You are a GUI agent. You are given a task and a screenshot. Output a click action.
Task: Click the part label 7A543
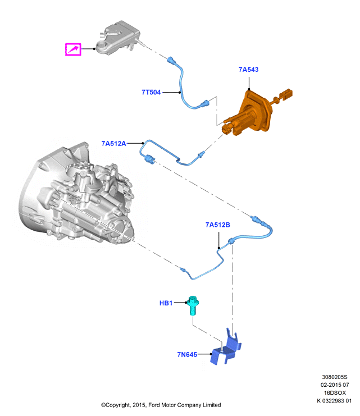coord(248,70)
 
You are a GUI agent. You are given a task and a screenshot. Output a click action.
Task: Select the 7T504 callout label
coord(151,92)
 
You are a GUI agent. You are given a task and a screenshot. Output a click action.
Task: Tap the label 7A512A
coord(113,144)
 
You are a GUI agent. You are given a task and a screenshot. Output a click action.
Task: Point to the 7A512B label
coord(218,225)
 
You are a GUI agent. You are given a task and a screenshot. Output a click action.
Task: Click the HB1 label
coord(166,303)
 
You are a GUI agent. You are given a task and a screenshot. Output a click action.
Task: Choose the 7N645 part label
coord(187,354)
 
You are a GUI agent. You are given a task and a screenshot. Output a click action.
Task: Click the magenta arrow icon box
coord(73,49)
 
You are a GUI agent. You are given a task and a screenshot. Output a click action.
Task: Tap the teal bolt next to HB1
coord(193,305)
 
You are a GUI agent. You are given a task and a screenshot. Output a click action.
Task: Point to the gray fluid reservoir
coord(118,38)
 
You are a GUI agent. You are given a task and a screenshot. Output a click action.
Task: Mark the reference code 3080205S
coord(335,377)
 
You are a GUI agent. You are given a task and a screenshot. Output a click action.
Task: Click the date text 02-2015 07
coord(335,385)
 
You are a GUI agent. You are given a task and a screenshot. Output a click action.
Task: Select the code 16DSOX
coord(335,392)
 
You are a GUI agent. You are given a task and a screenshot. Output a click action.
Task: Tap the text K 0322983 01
coord(334,401)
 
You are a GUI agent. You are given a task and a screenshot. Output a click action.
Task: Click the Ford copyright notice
coord(161,405)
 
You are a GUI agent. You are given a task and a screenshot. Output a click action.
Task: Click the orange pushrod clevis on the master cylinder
coord(286,94)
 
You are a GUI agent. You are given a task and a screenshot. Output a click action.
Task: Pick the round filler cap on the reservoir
coord(102,45)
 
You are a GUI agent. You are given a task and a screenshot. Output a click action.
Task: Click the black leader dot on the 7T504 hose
coord(180,92)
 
